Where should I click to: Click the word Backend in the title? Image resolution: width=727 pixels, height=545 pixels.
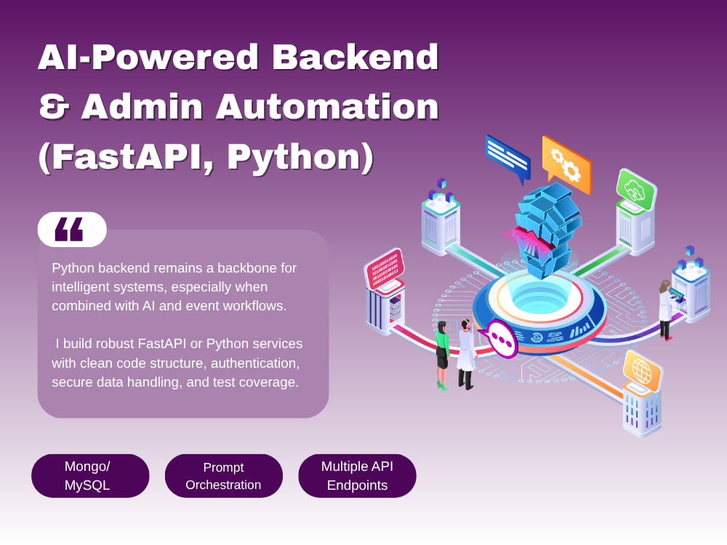[356, 57]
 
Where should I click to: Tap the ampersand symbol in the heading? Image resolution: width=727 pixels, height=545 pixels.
[55, 106]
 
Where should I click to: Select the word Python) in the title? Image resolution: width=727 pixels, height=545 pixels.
[300, 158]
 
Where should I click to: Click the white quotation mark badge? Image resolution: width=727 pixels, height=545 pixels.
[72, 230]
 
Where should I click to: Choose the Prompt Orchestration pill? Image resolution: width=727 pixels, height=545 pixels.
[223, 476]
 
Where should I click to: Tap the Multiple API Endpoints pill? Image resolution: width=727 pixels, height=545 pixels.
[357, 476]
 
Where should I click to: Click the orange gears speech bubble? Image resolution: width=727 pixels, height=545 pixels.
[566, 165]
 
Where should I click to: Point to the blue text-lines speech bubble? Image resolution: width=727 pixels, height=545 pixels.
[508, 158]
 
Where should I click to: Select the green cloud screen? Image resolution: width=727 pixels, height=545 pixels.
[635, 190]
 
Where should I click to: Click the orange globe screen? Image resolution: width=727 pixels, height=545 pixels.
[643, 371]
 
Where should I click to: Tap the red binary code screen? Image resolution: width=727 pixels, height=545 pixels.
[385, 269]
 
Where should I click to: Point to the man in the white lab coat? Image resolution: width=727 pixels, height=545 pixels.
[467, 354]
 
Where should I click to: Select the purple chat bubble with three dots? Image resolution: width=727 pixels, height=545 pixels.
[499, 339]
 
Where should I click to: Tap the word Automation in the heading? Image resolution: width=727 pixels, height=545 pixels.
[327, 106]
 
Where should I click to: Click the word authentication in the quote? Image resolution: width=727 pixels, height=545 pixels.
[255, 363]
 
